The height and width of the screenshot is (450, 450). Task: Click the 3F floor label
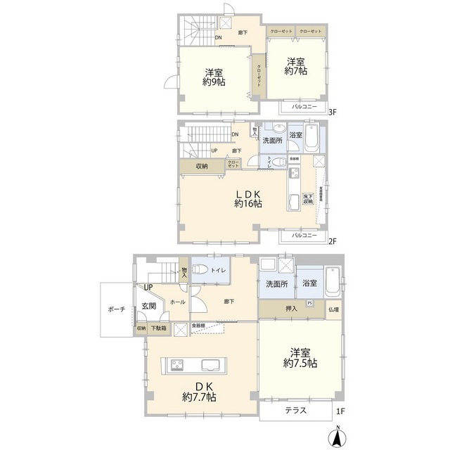click(333, 110)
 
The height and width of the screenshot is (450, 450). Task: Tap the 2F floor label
click(333, 241)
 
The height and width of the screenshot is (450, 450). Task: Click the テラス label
click(295, 411)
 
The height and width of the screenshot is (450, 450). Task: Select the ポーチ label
click(117, 309)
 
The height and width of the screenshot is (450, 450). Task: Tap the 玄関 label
click(148, 306)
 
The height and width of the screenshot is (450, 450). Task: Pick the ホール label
click(177, 302)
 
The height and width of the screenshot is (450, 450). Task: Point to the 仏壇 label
click(333, 309)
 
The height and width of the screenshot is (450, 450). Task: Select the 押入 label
click(292, 309)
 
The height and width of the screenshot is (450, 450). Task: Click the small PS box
click(310, 304)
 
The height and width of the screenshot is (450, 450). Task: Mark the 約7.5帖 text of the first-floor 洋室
click(300, 364)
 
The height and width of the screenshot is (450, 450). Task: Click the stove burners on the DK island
click(176, 364)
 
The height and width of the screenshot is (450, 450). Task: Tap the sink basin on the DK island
click(211, 365)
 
